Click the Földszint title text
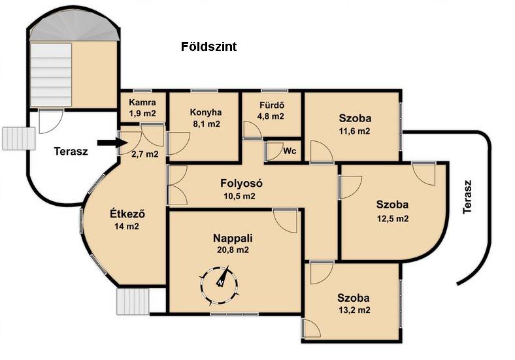click(x=208, y=46)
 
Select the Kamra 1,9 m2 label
click(x=142, y=108)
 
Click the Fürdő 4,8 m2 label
click(x=272, y=110)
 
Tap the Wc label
click(x=290, y=151)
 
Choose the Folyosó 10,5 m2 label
click(x=241, y=189)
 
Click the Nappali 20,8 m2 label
click(x=233, y=244)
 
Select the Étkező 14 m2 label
click(x=127, y=220)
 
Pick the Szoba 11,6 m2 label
click(x=355, y=124)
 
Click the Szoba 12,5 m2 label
click(x=393, y=211)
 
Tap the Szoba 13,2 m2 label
click(x=354, y=304)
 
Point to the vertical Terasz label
click(x=467, y=197)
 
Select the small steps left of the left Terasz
click(x=19, y=139)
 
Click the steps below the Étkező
click(x=133, y=301)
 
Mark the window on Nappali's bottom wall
click(x=235, y=314)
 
